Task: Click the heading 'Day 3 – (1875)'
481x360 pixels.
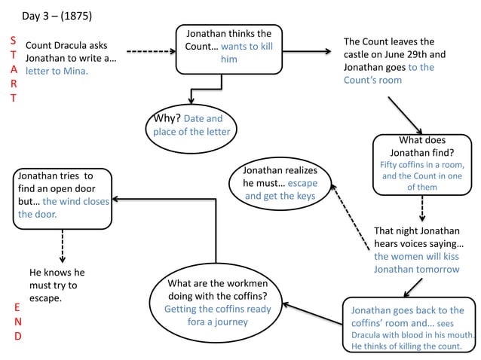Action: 57,16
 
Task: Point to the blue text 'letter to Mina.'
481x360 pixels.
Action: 57,72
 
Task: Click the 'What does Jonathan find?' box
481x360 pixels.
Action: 421,163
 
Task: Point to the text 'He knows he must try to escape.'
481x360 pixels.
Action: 57,285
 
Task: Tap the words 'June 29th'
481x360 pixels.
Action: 423,55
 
